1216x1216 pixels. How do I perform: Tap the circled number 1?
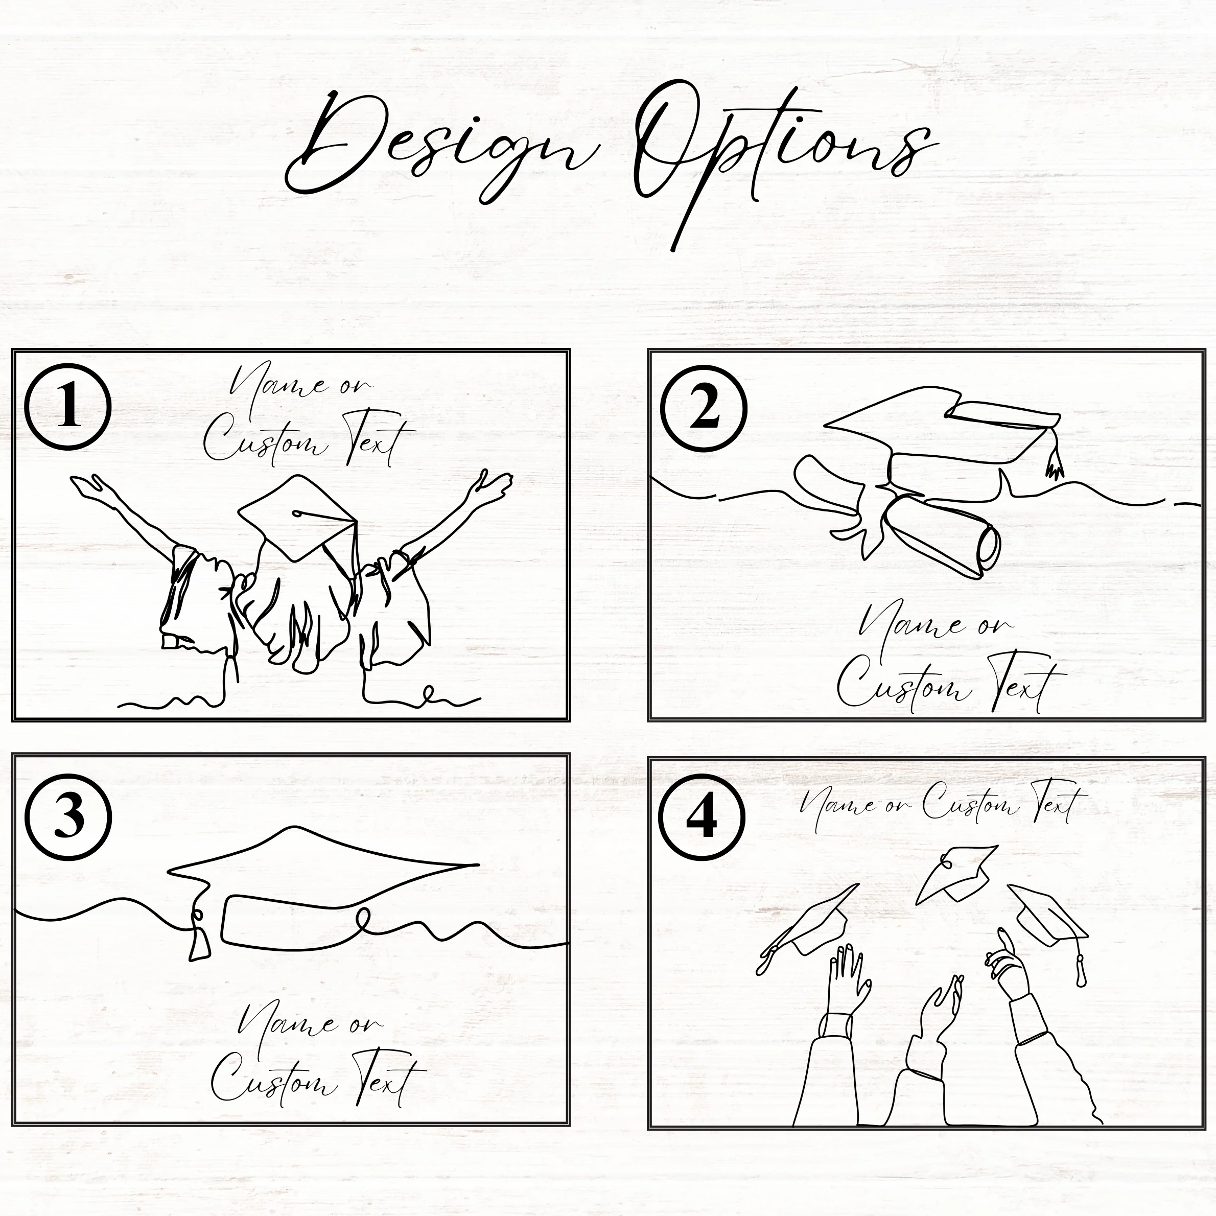click(68, 407)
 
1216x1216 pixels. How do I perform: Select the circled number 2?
click(704, 407)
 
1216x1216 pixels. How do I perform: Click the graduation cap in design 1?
click(297, 518)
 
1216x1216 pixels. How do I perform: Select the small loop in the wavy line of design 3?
click(364, 920)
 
